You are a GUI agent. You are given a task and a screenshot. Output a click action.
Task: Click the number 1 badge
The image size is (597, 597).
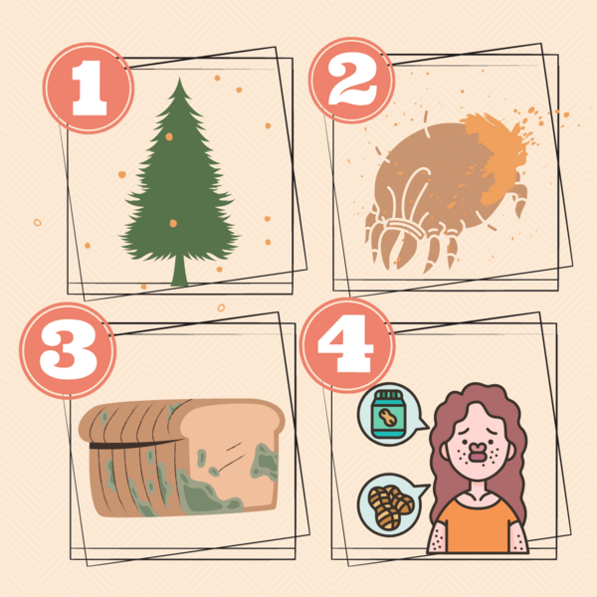pos(89,88)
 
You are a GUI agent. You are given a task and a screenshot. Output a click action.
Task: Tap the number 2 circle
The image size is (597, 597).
pos(351,81)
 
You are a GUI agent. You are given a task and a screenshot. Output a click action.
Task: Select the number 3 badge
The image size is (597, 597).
pos(68,350)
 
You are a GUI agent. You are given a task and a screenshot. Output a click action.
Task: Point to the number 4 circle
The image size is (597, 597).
pos(347,345)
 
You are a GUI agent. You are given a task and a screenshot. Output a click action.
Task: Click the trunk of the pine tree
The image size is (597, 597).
pos(179,271)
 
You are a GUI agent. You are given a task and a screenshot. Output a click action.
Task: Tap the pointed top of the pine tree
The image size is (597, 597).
pos(180,79)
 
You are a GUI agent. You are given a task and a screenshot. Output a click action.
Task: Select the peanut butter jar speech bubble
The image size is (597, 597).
pos(391,414)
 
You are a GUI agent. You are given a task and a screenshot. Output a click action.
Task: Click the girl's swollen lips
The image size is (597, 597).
pos(477,452)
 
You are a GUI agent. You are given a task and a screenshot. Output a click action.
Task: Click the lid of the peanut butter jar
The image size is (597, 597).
pos(388,396)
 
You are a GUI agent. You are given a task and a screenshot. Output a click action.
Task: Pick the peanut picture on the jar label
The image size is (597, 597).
pos(388,418)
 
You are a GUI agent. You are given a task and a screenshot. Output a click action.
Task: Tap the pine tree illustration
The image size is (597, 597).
pos(180,182)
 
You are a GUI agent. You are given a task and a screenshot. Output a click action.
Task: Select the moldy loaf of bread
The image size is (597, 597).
pos(182,458)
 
